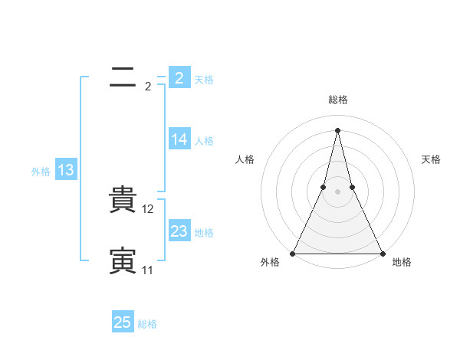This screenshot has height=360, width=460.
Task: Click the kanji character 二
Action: coord(123,77)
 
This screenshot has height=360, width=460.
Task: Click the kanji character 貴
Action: coord(123,201)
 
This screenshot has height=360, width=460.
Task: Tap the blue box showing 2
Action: coord(179,78)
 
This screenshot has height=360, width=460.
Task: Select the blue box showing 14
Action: coord(179,139)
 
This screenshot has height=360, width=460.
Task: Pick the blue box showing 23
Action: coord(179,231)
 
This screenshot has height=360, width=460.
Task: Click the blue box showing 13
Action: coord(66,171)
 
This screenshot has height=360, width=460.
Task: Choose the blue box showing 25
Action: coord(123,323)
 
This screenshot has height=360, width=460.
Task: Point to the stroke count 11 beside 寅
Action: coord(147,270)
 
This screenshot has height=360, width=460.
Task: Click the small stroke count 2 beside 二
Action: coord(147,87)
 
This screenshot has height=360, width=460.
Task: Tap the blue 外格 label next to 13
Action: coord(41,172)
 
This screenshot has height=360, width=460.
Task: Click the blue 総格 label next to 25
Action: coord(147,324)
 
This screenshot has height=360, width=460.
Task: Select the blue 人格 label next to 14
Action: coord(204,141)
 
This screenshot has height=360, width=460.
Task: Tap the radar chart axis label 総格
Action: coord(338,100)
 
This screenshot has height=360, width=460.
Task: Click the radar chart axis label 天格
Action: coord(431,159)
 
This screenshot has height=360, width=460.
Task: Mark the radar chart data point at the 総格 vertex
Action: coord(338,129)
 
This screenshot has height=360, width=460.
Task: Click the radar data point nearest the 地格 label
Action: coord(382,254)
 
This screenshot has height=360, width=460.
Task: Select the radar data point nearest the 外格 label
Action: coord(294,254)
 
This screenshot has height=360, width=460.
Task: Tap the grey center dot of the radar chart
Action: coord(338,191)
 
